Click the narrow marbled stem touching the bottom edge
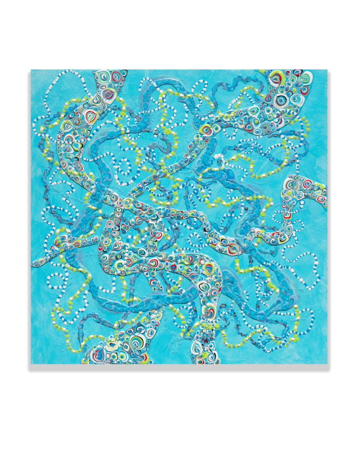206,349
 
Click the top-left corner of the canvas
31,70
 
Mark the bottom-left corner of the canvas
31,364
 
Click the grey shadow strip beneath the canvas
178,368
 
